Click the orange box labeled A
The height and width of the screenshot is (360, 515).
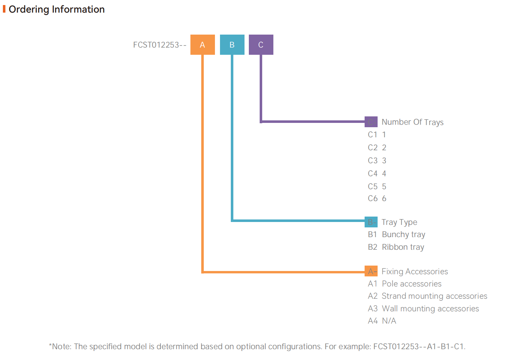(x=202, y=45)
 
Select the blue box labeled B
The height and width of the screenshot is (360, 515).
(x=232, y=45)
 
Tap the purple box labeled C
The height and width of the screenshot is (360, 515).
(x=261, y=45)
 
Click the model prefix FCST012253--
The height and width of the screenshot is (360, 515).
(x=159, y=45)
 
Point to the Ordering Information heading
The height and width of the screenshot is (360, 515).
(x=57, y=9)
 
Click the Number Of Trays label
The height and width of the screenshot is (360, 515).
(x=412, y=122)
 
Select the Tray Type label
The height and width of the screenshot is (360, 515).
(x=399, y=222)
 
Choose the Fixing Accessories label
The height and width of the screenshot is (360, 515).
(x=414, y=271)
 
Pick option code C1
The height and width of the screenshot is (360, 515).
(x=373, y=135)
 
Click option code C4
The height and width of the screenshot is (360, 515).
(x=373, y=174)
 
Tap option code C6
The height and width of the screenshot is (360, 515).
(x=373, y=199)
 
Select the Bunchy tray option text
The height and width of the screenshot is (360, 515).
(x=403, y=235)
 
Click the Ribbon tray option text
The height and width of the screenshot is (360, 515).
(x=403, y=247)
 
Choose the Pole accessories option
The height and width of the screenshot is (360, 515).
(x=411, y=284)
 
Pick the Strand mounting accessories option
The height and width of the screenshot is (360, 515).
(x=434, y=296)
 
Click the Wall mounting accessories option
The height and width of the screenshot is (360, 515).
(x=430, y=309)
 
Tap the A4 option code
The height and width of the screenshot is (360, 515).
(x=373, y=321)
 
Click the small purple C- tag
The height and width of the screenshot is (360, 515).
(x=371, y=122)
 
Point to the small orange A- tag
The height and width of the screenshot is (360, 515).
(x=371, y=271)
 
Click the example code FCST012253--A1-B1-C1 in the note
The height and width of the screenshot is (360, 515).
(x=419, y=347)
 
